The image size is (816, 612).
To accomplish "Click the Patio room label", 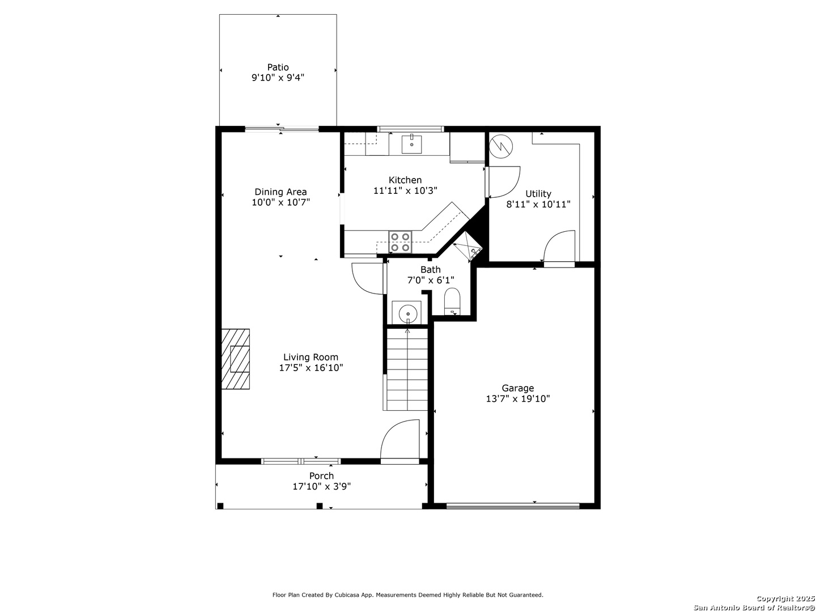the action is (278, 67).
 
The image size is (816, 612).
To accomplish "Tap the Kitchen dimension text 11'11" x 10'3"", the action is (405, 190).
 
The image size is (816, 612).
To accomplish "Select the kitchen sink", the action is (411, 144).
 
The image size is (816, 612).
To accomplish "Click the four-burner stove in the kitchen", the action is (401, 242).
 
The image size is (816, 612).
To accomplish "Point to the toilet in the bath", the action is (452, 301).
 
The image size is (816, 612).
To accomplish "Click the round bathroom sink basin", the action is (408, 314).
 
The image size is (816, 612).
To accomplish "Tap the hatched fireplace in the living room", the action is (235, 359).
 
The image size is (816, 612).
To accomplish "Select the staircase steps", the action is (407, 369).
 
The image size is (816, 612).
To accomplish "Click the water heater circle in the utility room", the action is (501, 146).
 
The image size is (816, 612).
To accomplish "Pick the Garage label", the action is (517, 388).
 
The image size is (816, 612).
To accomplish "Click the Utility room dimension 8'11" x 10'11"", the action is (538, 204).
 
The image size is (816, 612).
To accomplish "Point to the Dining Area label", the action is (280, 192).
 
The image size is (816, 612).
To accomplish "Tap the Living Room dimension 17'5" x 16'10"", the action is (311, 368).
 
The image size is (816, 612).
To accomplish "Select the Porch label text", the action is (321, 475).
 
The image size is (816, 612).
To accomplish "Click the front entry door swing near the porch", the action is (399, 441).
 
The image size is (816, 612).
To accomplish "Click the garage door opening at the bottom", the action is (513, 505).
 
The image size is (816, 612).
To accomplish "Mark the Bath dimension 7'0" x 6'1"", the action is (431, 280).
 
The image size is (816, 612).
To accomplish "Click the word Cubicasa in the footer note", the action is (347, 595).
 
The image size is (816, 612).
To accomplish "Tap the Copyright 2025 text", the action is (784, 598).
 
